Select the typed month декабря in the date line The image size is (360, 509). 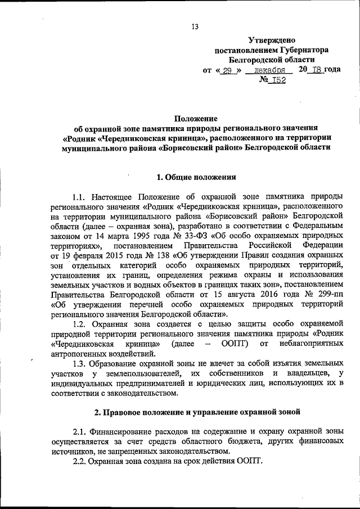click(x=270, y=71)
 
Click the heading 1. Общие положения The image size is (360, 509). click(x=196, y=177)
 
